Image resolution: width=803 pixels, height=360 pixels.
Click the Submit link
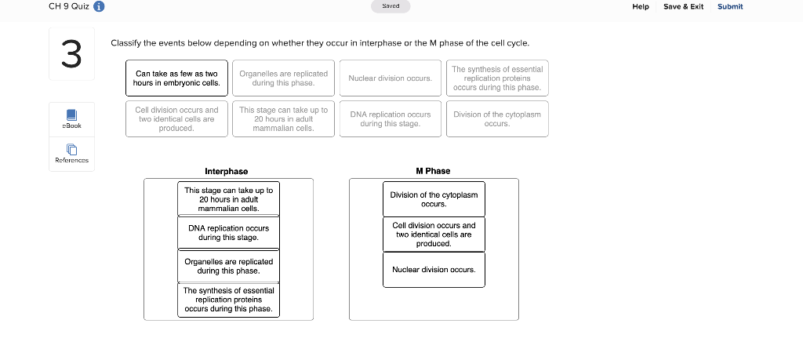[729, 6]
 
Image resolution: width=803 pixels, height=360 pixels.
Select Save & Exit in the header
[683, 6]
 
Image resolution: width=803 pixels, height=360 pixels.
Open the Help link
[641, 6]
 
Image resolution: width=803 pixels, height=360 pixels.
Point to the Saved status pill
[391, 6]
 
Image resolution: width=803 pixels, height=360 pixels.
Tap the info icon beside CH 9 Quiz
[100, 7]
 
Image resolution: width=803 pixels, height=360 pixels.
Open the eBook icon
[71, 115]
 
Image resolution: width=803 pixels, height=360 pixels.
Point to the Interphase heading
[226, 171]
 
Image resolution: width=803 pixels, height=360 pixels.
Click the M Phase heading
[433, 171]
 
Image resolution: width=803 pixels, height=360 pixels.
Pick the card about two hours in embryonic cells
[176, 78]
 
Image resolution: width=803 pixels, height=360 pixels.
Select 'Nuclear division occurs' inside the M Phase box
[434, 270]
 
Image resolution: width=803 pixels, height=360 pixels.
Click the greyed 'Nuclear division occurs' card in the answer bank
[391, 78]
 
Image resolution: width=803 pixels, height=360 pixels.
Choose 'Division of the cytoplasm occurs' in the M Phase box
[434, 199]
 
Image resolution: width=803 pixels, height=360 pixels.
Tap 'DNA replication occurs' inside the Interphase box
[228, 232]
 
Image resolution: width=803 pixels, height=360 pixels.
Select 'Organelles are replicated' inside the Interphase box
[228, 266]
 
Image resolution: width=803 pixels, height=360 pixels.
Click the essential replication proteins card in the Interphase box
[228, 300]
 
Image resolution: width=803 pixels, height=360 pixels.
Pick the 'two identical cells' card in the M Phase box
[434, 234]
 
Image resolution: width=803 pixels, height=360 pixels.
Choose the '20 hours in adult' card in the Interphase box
[228, 199]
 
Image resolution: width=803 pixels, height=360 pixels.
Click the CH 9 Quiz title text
[68, 7]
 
